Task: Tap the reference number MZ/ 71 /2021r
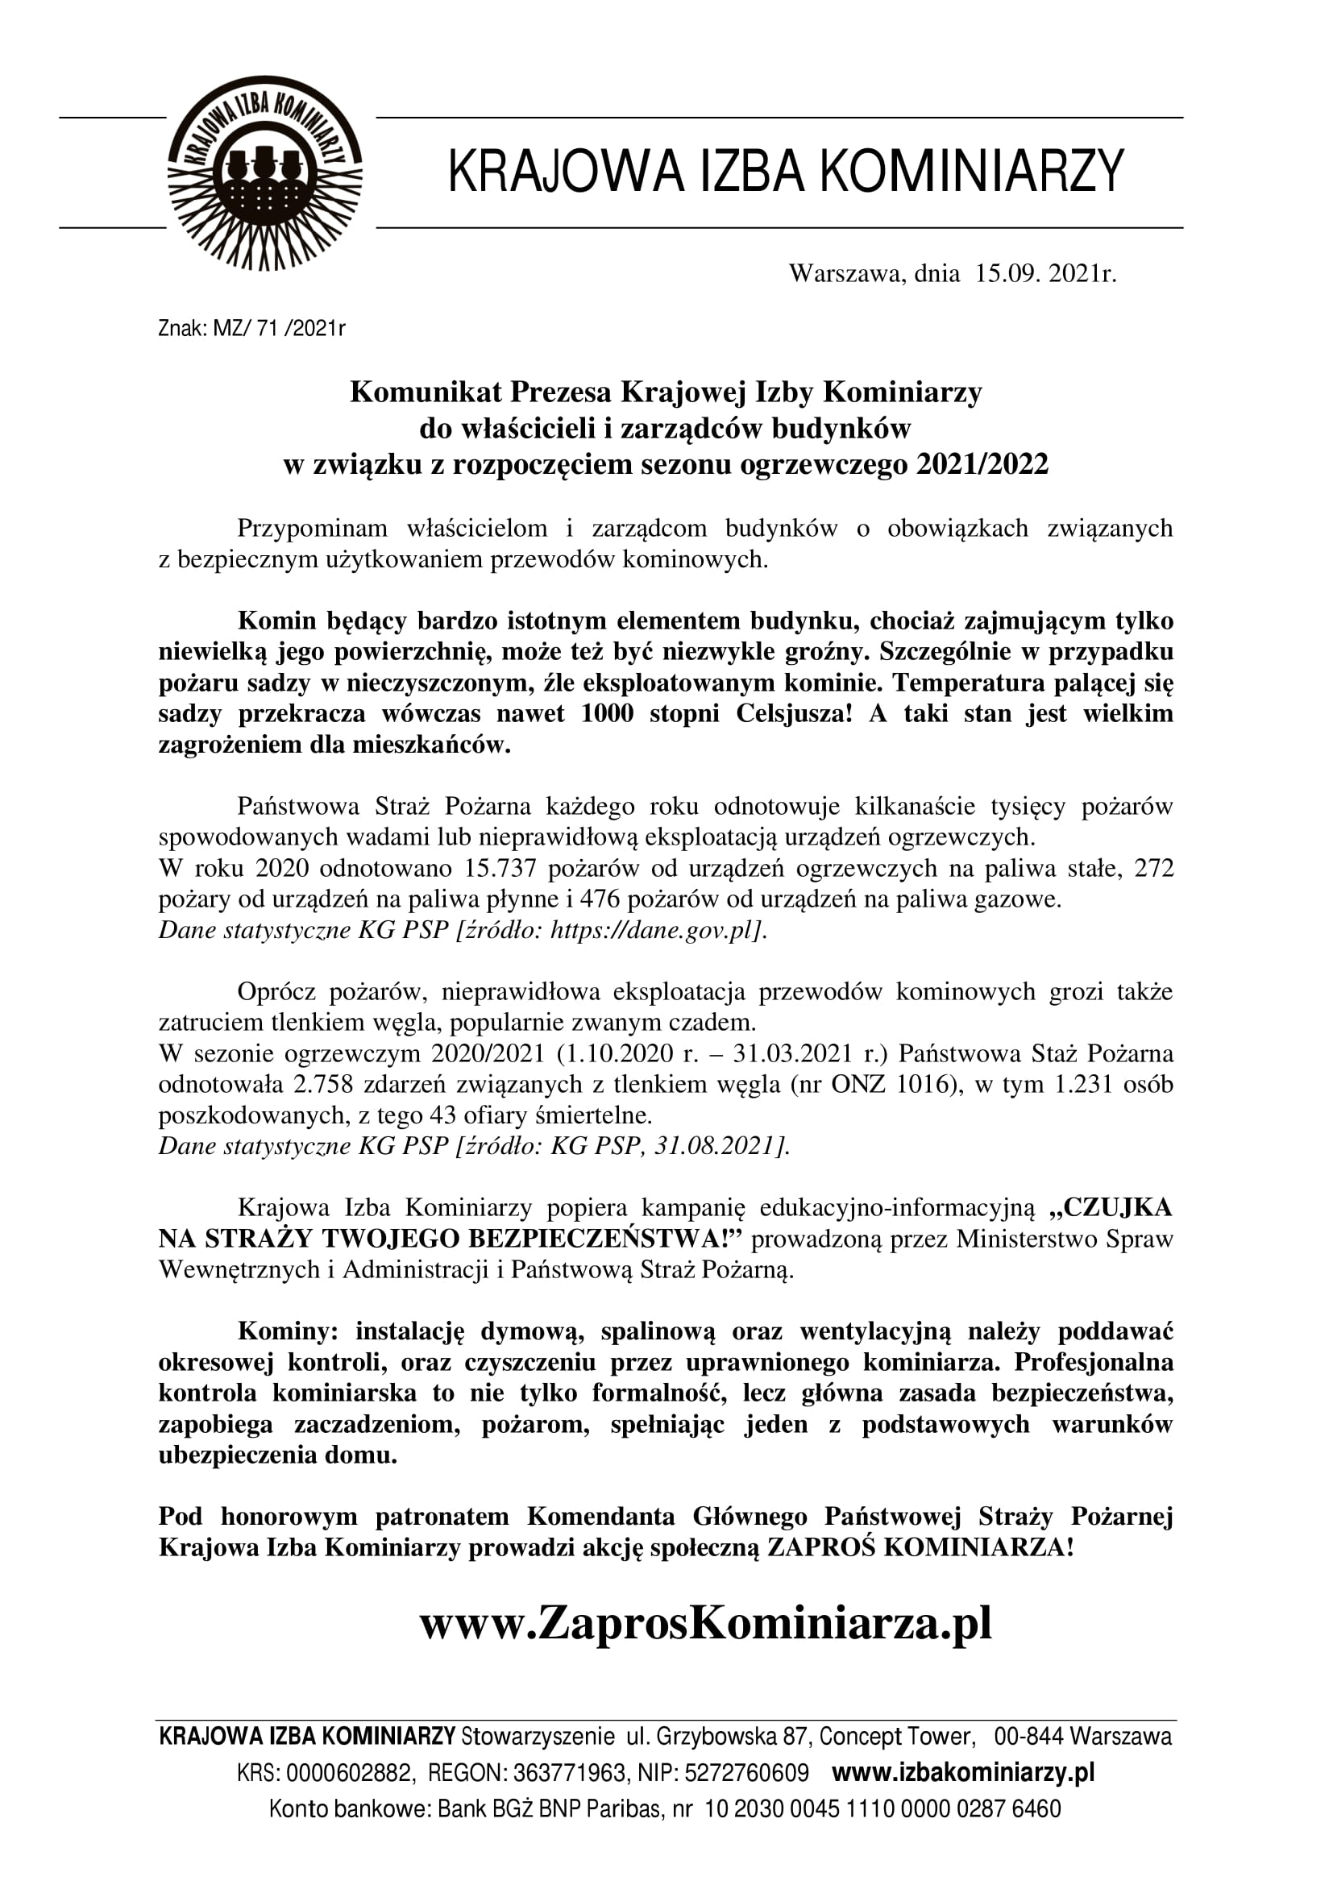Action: tap(279, 330)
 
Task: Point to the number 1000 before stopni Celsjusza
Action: tap(607, 713)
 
